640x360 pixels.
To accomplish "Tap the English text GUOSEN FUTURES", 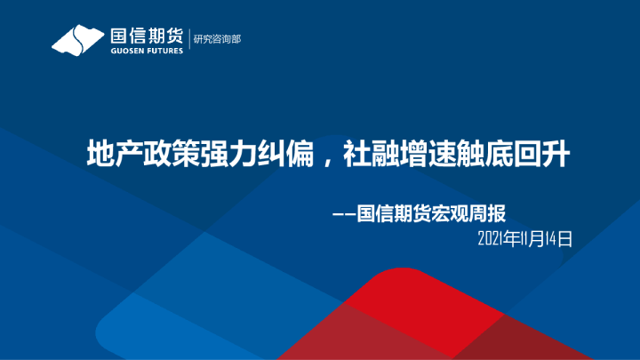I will point(146,51).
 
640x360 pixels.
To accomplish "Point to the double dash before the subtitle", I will point(343,214).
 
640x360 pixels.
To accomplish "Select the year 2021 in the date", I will point(490,238).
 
